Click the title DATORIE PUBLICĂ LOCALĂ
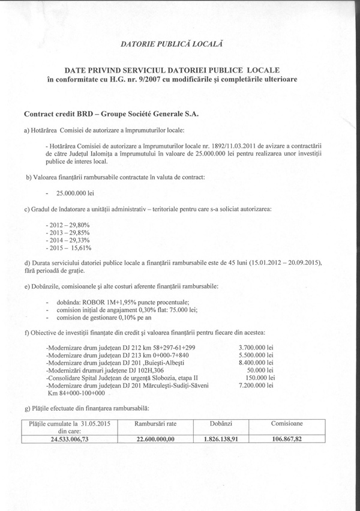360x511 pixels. click(x=172, y=44)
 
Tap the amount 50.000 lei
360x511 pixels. click(x=260, y=370)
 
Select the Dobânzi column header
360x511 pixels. click(x=221, y=423)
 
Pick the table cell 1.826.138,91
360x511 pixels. click(x=221, y=439)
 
